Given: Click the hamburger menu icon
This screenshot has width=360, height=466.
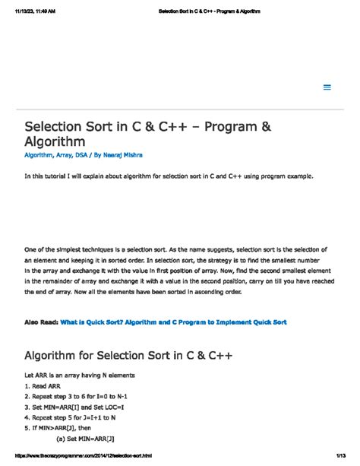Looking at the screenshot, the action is click(327, 87).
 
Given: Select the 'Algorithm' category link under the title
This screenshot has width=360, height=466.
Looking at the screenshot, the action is click(42, 154).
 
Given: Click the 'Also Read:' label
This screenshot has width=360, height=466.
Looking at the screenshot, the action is click(41, 322).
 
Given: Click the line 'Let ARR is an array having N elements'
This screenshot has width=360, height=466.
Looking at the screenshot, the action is click(80, 376).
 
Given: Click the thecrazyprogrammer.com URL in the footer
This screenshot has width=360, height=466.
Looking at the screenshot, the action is click(81, 457).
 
